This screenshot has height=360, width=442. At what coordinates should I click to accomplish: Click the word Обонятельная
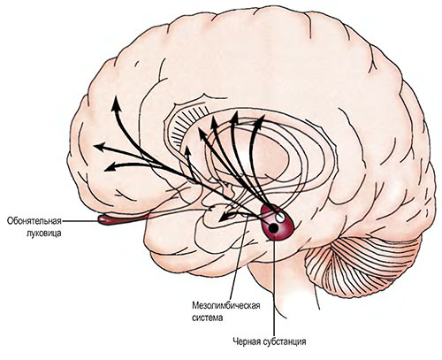[34, 220]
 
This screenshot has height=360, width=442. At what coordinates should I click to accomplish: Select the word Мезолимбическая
[226, 305]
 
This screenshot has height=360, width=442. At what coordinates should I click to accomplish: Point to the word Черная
[247, 341]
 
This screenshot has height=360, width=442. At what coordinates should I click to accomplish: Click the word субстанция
[285, 342]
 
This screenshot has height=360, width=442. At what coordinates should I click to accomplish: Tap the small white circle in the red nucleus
[280, 218]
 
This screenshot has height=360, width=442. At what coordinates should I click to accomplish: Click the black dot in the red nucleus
[274, 227]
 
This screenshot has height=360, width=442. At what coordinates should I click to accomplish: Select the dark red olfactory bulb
[122, 219]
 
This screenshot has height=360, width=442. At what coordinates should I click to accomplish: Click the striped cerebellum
[365, 265]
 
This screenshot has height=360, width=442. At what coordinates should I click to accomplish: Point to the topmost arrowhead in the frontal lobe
[116, 103]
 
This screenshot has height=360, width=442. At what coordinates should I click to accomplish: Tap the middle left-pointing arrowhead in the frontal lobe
[100, 147]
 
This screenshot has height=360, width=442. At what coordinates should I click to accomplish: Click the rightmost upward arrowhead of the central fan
[260, 121]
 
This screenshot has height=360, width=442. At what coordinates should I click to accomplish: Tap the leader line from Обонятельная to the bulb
[80, 220]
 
